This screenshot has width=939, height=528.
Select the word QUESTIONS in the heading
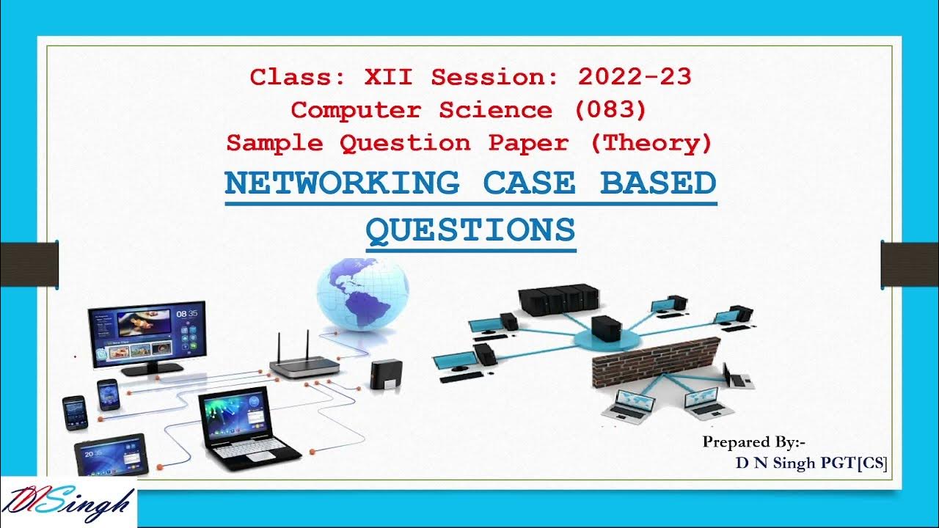pos(470,230)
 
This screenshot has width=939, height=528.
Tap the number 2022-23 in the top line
pos(634,76)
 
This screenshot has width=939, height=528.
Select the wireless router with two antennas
pos(304,361)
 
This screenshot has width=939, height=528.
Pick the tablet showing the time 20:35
pos(111,455)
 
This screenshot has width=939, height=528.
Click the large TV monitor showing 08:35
pos(146,337)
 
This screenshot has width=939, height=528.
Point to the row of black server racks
pos(555,299)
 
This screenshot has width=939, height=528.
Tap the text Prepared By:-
pos(754,441)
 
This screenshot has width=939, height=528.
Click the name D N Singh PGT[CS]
pos(811,463)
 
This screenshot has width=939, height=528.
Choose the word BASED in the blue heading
pos(658,183)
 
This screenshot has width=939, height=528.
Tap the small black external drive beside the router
pos(386,374)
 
